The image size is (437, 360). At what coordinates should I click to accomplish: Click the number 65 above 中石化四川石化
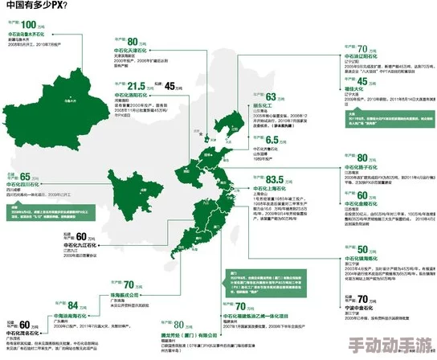click(25, 177)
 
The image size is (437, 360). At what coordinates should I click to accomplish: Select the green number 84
click(73, 305)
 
